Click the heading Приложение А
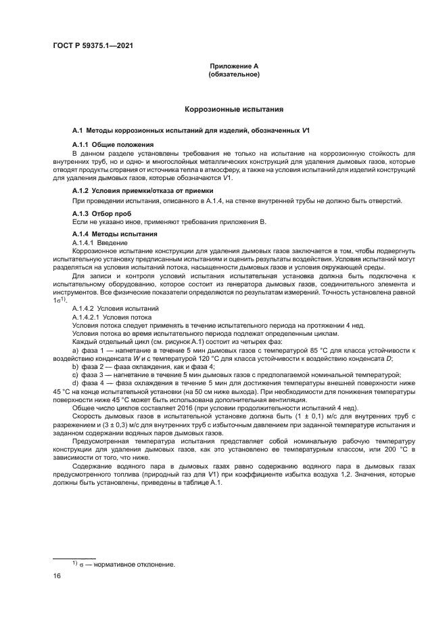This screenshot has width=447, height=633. (234, 66)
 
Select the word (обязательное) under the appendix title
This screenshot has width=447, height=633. (234, 74)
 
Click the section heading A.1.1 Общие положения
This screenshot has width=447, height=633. (112, 145)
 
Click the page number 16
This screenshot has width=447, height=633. (57, 575)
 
